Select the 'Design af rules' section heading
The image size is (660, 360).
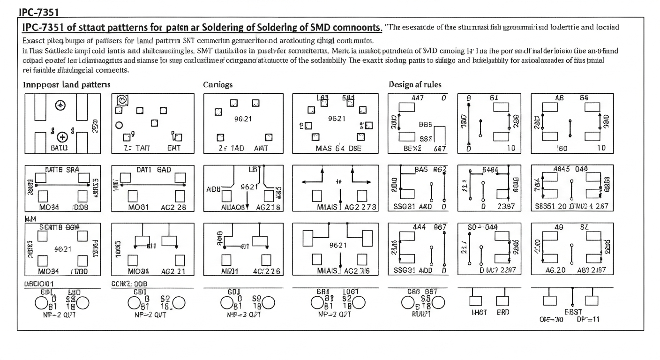[415, 85]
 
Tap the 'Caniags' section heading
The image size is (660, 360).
[217, 85]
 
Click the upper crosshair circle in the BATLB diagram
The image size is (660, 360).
[60, 105]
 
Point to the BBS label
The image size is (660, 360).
[425, 125]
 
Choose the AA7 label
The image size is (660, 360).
[417, 98]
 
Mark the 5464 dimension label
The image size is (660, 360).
[490, 170]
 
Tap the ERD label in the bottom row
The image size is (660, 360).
[502, 312]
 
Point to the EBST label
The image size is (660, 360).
[572, 312]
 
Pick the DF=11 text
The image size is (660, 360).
[588, 320]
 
